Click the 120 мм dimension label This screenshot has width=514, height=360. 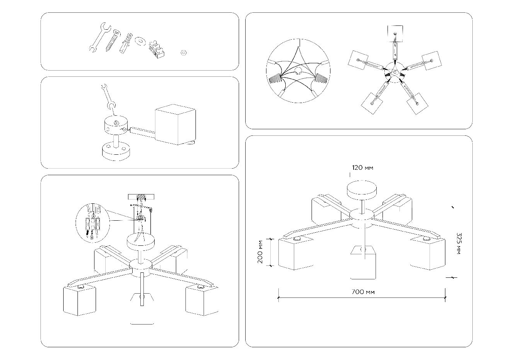point(362,168)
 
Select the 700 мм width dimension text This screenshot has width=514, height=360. point(363,292)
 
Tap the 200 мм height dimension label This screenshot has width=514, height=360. point(261,252)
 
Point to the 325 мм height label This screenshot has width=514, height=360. point(458,243)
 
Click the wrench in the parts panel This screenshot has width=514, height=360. point(98,37)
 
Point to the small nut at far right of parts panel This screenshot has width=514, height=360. point(184,52)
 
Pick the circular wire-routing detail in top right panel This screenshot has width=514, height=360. point(298,71)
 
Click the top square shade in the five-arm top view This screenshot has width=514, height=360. point(395,34)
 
